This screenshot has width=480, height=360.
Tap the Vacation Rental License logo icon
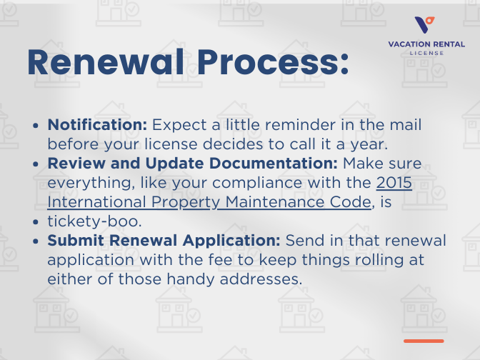[x=426, y=26]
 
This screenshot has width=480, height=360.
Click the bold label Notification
[x=97, y=124]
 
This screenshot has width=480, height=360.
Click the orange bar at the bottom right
[x=424, y=341]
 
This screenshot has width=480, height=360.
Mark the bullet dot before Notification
[x=36, y=125]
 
